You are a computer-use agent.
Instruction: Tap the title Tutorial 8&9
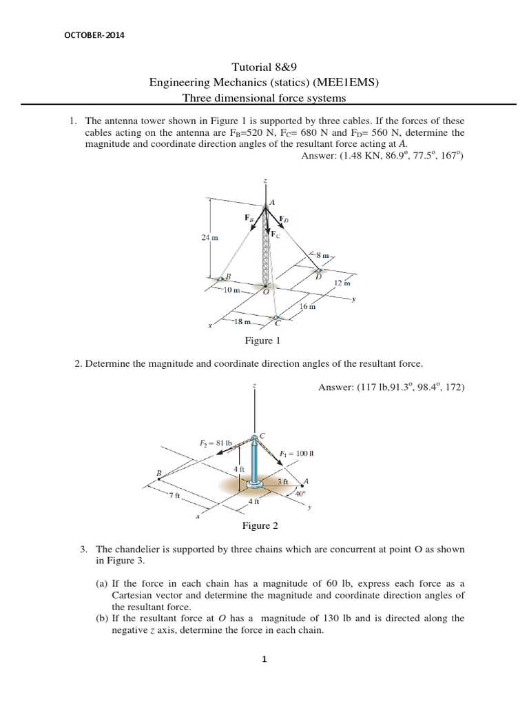coord(264,68)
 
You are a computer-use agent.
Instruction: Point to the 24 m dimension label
coord(209,237)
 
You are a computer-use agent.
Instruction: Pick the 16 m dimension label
coord(307,307)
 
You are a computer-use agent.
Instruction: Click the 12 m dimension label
coord(342,283)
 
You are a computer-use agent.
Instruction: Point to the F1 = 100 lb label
coord(296,453)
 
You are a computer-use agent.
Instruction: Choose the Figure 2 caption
coord(260,526)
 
